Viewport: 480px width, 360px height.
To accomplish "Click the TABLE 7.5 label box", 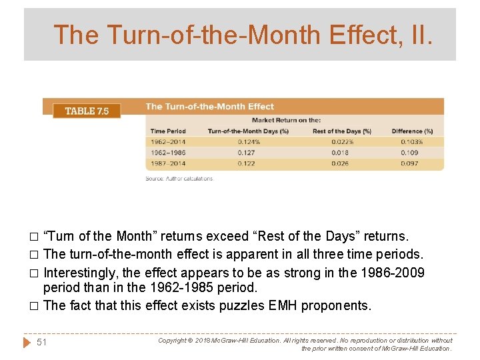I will pyautogui.click(x=87, y=111).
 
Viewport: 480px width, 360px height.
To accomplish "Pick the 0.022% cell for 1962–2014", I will pyautogui.click(x=341, y=141).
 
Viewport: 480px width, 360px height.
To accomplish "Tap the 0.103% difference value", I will pyautogui.click(x=412, y=141).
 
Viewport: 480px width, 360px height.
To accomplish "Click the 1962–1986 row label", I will pyautogui.click(x=168, y=153).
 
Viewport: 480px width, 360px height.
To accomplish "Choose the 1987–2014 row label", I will pyautogui.click(x=168, y=163).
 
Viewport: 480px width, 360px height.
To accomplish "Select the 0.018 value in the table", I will pyautogui.click(x=340, y=153).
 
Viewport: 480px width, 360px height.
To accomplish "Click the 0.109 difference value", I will pyautogui.click(x=410, y=153).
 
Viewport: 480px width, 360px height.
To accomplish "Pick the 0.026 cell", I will pyautogui.click(x=340, y=163).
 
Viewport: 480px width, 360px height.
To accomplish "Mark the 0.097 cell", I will pyautogui.click(x=410, y=163).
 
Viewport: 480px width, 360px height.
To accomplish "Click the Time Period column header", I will pyautogui.click(x=168, y=131).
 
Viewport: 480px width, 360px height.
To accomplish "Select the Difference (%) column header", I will pyautogui.click(x=412, y=131).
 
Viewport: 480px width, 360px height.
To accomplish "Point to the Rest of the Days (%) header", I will pyautogui.click(x=341, y=131).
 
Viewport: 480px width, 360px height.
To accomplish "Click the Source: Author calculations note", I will pyautogui.click(x=179, y=179).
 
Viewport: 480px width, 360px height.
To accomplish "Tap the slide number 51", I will pyautogui.click(x=42, y=342).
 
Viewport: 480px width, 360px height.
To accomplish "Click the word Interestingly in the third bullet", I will pyautogui.click(x=79, y=273).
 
